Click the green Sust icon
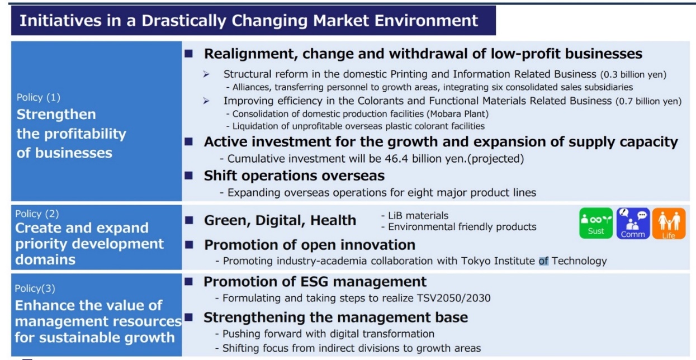click(596, 224)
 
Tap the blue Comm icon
click(633, 224)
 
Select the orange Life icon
click(669, 224)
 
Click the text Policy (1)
click(39, 97)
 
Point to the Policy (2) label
click(37, 214)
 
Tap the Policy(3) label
click(35, 288)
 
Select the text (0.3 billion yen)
click(633, 74)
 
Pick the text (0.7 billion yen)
click(648, 101)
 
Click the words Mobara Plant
click(457, 114)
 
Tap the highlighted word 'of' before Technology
click(543, 261)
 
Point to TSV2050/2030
click(453, 298)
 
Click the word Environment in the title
click(426, 21)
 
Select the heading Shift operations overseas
click(294, 176)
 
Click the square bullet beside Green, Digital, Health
click(189, 220)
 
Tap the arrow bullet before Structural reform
click(206, 74)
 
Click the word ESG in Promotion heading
click(314, 282)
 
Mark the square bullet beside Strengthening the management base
click(188, 317)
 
